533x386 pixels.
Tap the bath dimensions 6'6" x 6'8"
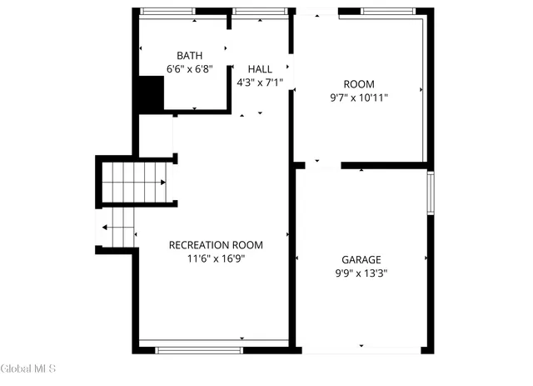(189, 70)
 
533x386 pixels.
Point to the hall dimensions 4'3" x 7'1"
(260, 83)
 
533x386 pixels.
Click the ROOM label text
(359, 84)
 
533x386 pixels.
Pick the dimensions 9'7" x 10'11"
(359, 98)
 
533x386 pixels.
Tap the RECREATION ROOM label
(216, 245)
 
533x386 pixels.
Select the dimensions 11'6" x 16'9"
(216, 258)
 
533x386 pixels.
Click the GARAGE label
(360, 259)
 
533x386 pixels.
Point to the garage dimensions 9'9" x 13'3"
(360, 273)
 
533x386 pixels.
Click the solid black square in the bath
(151, 93)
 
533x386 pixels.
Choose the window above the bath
(168, 12)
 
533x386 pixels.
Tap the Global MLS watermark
(27, 368)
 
